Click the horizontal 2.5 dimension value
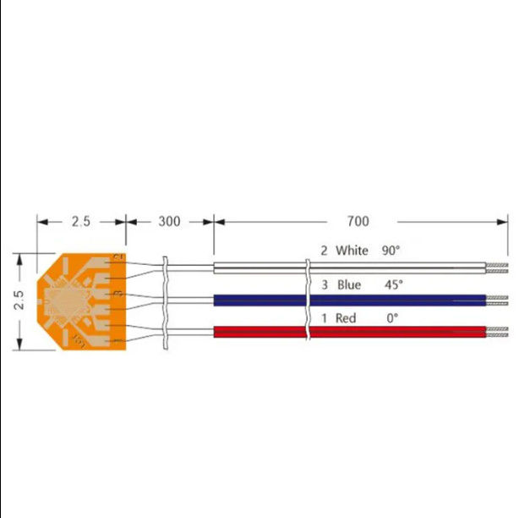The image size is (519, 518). click(x=80, y=222)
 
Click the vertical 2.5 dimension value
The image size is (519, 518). click(x=19, y=300)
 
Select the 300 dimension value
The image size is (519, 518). click(x=170, y=222)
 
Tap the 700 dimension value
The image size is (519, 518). click(x=358, y=222)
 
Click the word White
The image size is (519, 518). click(x=352, y=251)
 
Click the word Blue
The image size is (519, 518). click(x=349, y=285)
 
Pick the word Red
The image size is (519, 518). click(x=346, y=318)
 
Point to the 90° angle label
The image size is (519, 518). click(x=390, y=251)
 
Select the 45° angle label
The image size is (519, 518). click(x=394, y=285)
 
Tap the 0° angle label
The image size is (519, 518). click(x=391, y=318)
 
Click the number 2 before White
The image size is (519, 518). click(x=323, y=251)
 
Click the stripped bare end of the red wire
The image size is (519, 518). click(x=498, y=331)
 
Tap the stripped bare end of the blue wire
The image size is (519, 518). click(x=498, y=300)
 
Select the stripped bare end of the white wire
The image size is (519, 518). click(x=498, y=268)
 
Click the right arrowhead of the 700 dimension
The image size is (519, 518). click(x=503, y=222)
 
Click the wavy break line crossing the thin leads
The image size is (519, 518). click(x=166, y=300)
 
